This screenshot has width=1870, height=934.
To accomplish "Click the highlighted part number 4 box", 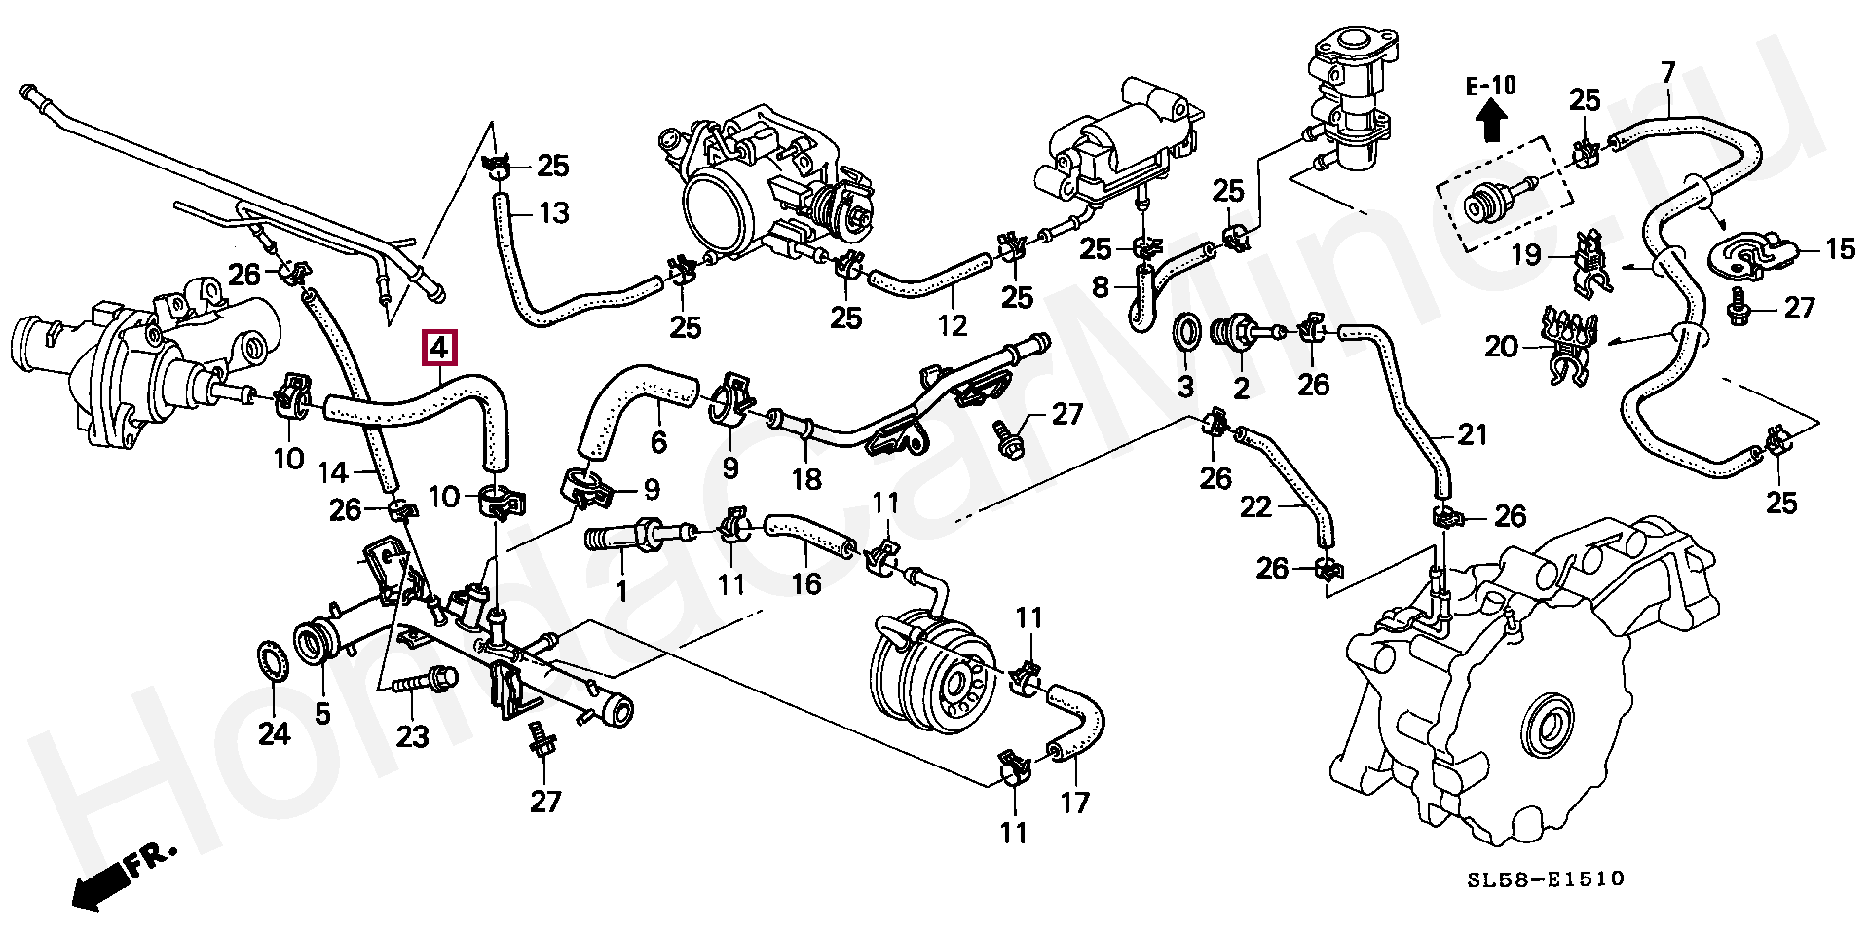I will (x=438, y=347).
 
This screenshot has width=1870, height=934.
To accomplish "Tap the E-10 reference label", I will (x=1490, y=86).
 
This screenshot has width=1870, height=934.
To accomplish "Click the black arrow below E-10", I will (x=1491, y=124).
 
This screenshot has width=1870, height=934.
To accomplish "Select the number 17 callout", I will (x=1075, y=802).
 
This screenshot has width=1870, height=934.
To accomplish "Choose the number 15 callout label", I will (x=1840, y=249).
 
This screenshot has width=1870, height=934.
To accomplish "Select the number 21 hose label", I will (x=1472, y=433).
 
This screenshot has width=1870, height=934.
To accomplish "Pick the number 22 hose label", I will (x=1256, y=506).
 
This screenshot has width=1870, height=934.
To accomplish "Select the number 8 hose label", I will (x=1100, y=287).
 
